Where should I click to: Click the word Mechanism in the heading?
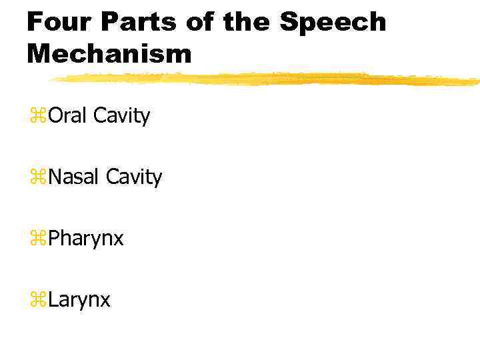(x=109, y=54)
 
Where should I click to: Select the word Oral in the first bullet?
(x=68, y=116)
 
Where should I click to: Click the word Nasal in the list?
(x=74, y=177)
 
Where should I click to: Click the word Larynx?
(x=79, y=301)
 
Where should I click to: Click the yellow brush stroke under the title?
(x=267, y=79)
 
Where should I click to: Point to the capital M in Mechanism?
(x=39, y=54)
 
